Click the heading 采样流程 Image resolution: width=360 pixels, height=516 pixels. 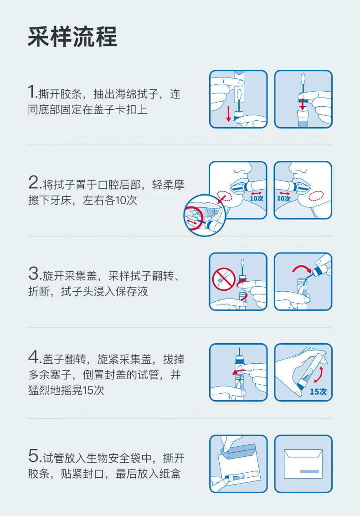click(72, 36)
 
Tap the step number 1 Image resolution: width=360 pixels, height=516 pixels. click(32, 92)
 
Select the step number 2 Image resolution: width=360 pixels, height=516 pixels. click(34, 182)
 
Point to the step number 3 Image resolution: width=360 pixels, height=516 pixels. click(34, 273)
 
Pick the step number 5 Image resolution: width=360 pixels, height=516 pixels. click(34, 456)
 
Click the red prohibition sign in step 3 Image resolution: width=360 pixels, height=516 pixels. click(223, 279)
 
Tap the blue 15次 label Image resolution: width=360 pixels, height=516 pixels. click(318, 392)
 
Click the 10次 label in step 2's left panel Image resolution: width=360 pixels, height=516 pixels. click(257, 198)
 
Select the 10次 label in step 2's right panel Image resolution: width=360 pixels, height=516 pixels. click(283, 198)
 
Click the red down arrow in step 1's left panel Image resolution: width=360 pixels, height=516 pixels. click(228, 114)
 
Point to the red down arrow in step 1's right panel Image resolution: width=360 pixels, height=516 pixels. click(303, 105)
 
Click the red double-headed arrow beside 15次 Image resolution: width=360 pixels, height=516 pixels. click(319, 375)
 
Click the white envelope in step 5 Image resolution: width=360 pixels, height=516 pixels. click(303, 464)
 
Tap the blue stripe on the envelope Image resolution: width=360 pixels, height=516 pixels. click(309, 472)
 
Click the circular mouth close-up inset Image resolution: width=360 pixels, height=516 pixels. click(204, 216)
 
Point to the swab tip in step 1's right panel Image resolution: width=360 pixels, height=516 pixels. click(303, 79)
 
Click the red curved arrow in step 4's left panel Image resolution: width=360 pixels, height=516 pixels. click(238, 372)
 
